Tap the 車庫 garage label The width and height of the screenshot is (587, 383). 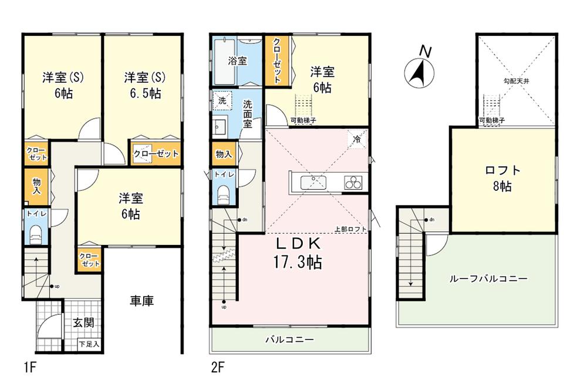[141, 301]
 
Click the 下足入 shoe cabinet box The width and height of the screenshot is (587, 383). [90, 344]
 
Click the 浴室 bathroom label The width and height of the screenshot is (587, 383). [238, 61]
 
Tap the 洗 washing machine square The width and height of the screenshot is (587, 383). [222, 100]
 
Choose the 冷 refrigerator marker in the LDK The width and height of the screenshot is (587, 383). [356, 139]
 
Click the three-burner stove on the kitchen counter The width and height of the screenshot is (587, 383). [354, 183]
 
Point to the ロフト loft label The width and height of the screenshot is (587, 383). [502, 170]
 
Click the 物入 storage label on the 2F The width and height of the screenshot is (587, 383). [223, 154]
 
